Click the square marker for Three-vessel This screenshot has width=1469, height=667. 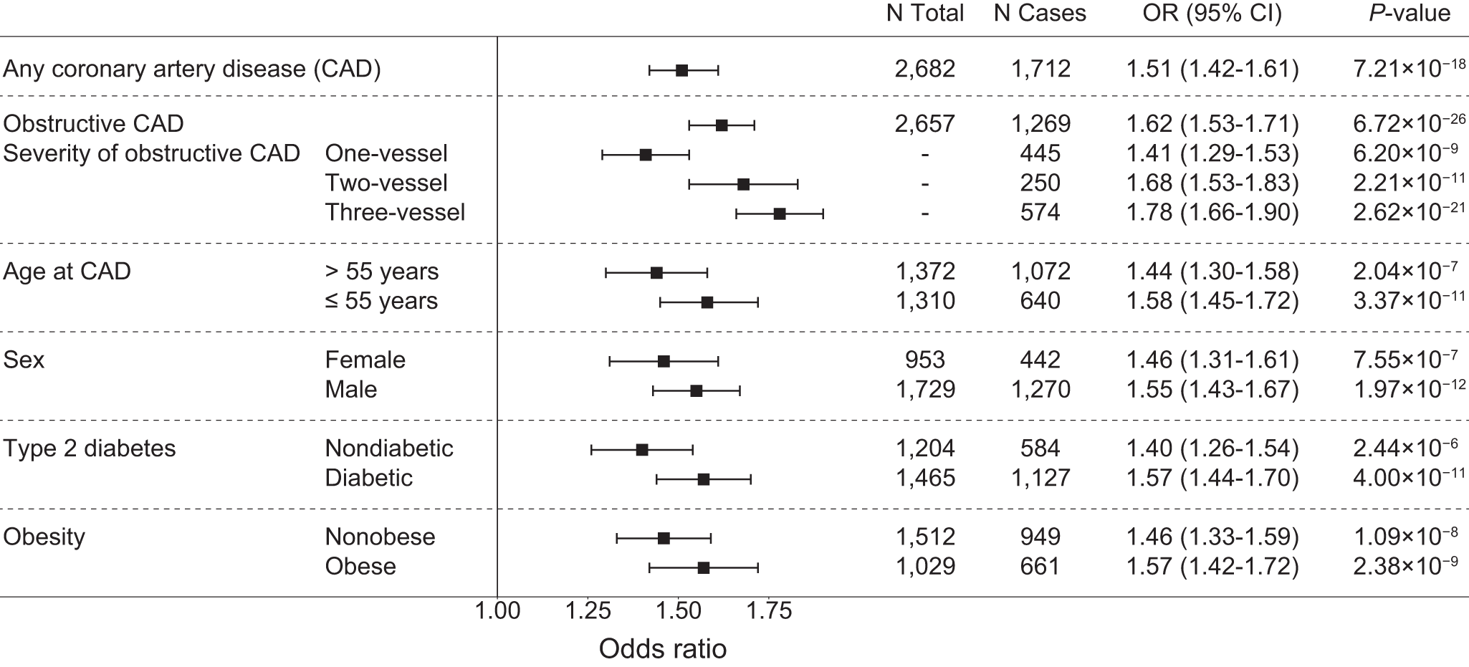780,213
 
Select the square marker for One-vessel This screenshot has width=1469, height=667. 646,155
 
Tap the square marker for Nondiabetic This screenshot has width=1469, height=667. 642,450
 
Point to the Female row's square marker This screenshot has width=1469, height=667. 664,361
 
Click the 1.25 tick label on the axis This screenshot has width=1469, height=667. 588,611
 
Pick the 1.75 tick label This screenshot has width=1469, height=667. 768,611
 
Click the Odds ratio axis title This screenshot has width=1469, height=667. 662,649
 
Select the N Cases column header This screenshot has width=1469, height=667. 1040,13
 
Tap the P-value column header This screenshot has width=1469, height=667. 1409,13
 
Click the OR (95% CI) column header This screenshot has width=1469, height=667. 1212,13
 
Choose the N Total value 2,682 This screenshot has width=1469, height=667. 925,69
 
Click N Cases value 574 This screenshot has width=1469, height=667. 1040,213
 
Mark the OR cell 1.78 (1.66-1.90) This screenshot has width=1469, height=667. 1212,213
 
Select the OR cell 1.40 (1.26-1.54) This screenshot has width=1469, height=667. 1212,448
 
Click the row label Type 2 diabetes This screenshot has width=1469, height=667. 90,448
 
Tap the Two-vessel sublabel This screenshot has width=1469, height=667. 386,183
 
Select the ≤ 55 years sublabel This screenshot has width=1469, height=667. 381,301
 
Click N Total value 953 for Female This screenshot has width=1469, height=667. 925,360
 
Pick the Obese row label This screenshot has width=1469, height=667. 360,567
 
